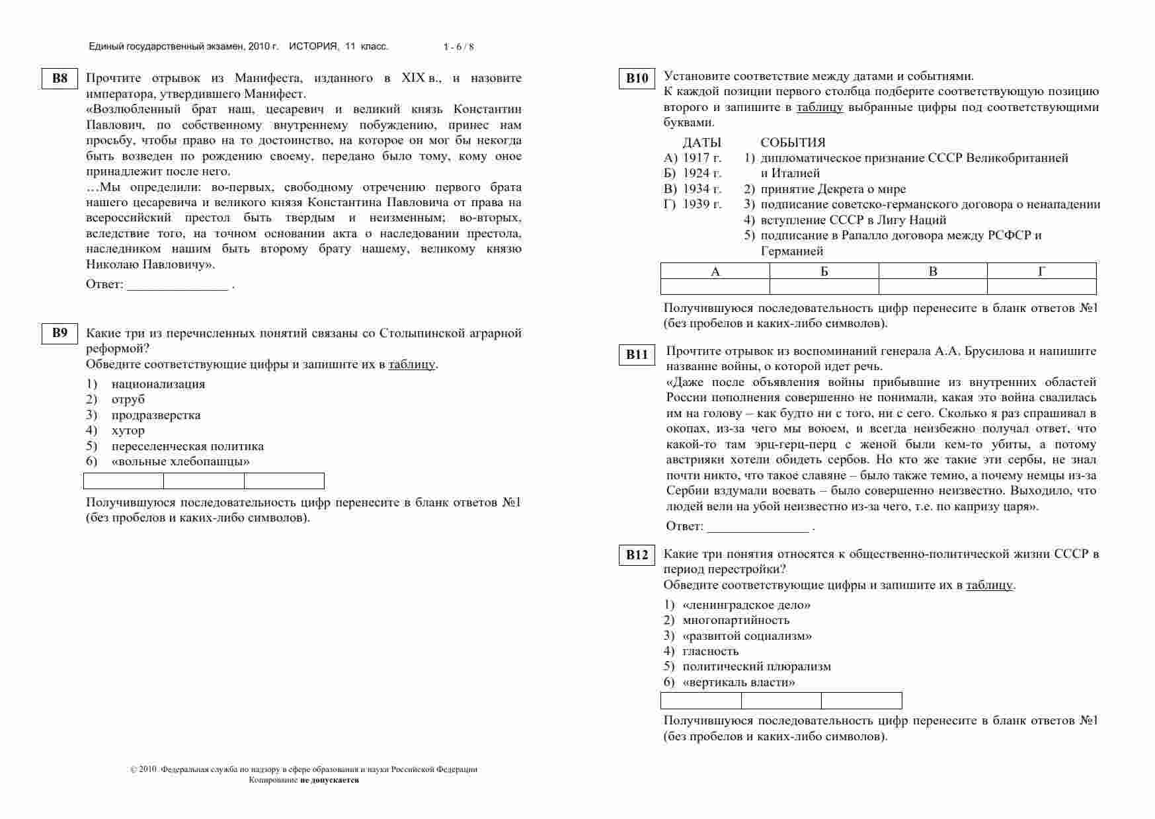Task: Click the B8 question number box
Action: coord(60,79)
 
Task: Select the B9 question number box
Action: coord(60,332)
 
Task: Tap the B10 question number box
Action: coord(637,79)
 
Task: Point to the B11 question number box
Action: coord(637,354)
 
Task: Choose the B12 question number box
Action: coord(637,555)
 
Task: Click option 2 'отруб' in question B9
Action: coord(128,399)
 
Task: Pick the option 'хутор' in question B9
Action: coord(128,430)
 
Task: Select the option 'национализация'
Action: coord(158,384)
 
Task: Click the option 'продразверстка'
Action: coord(156,415)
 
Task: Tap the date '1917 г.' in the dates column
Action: coord(702,158)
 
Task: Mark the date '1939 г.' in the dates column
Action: coord(702,204)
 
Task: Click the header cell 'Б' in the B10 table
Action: coord(824,271)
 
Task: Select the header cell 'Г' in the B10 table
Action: coord(1041,271)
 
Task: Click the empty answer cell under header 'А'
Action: coord(715,286)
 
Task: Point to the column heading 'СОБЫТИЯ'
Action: coord(793,143)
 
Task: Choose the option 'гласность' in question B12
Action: coord(710,651)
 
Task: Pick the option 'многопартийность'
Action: coord(736,620)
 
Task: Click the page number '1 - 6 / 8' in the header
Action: coord(459,47)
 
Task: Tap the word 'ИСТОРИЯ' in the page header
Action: coord(313,46)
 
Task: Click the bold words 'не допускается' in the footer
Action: coord(329,780)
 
